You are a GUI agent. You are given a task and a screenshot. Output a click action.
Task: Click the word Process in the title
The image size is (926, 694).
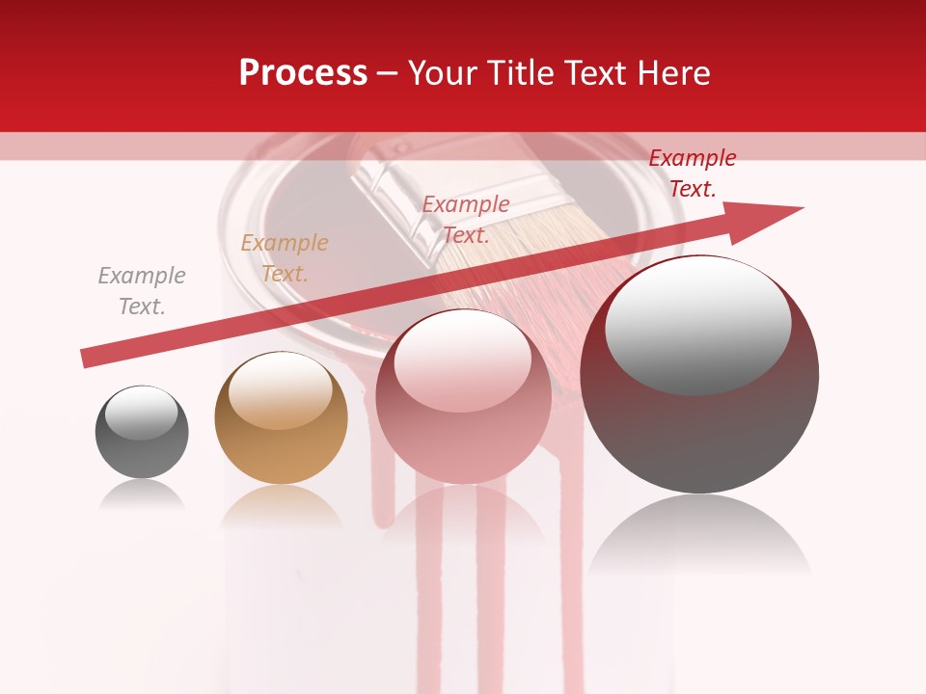coord(303,73)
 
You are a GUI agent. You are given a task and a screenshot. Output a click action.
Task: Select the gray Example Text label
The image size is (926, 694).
coord(142,291)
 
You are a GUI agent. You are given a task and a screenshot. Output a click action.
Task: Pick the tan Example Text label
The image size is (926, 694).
coord(285,258)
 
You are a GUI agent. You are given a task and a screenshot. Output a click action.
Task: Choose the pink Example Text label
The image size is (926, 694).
coord(466,220)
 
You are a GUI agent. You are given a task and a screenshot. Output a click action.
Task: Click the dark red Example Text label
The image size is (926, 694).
coord(692,173)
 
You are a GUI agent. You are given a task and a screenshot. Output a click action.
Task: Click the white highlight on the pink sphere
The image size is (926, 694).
coord(463,360)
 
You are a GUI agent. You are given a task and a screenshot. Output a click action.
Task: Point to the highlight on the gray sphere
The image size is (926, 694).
coord(142,413)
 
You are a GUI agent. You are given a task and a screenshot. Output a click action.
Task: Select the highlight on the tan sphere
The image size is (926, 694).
coord(281,389)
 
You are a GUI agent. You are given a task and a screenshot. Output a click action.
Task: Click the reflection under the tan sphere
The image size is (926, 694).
coord(281,506)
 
